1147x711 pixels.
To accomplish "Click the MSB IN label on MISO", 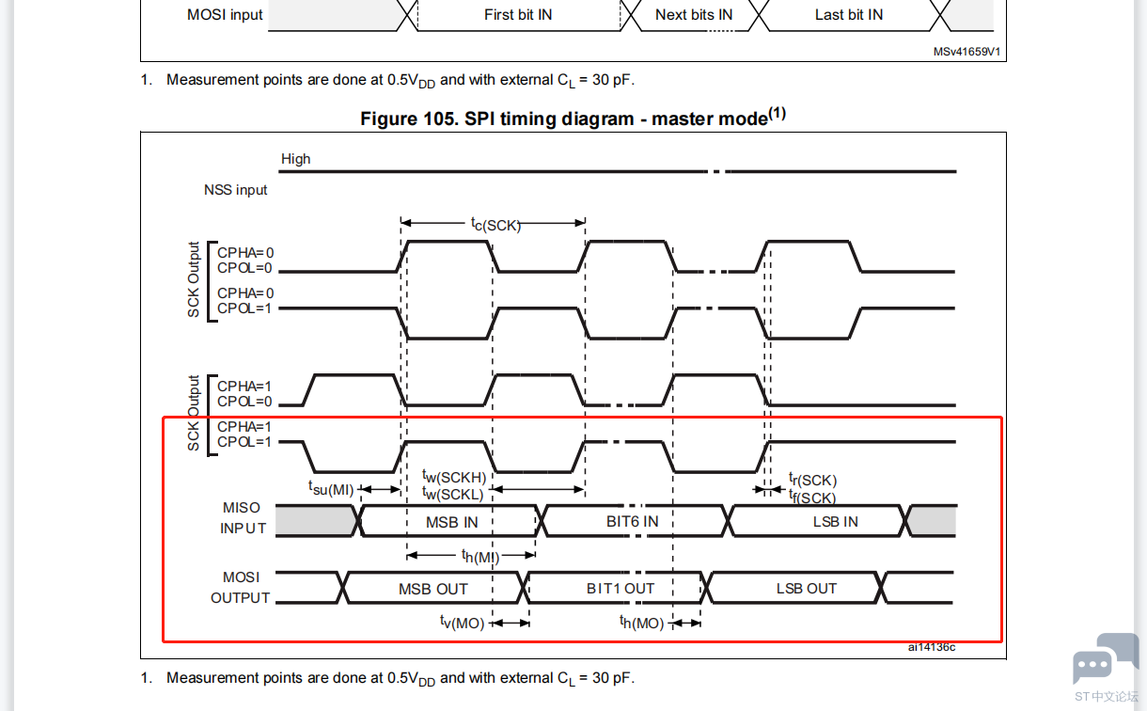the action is [x=451, y=522].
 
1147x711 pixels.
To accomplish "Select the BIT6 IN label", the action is [x=632, y=521].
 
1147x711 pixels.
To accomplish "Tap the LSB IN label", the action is [x=835, y=521].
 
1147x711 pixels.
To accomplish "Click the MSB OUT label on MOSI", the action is [x=433, y=589].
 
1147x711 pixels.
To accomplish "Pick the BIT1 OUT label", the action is [x=621, y=589].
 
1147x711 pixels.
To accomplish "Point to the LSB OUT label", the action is [x=807, y=589].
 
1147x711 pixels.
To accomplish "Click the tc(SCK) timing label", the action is [x=495, y=225].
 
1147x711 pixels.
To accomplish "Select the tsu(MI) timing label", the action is [x=331, y=489].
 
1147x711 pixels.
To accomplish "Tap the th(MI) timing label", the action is [x=480, y=556].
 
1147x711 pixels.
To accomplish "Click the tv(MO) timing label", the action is [x=462, y=623].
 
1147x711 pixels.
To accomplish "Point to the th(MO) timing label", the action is [x=641, y=623].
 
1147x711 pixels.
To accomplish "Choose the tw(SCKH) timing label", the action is [x=454, y=477].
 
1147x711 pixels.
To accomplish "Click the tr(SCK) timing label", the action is [x=812, y=479].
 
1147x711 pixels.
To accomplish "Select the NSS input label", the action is [x=236, y=190].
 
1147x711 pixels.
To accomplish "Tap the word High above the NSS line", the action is [x=295, y=159].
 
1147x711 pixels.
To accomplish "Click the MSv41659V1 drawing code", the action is [x=966, y=52].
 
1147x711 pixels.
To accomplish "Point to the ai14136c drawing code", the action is [x=932, y=647].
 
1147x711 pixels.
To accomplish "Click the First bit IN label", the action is [x=518, y=15].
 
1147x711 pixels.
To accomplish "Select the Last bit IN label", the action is [x=849, y=15].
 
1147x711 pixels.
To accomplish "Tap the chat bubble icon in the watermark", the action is [x=1105, y=659].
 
